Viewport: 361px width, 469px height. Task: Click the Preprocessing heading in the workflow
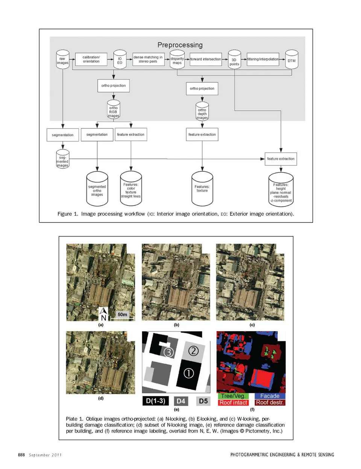point(180,45)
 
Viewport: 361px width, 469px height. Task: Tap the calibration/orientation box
point(91,59)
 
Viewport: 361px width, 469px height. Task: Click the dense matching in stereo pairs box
point(148,59)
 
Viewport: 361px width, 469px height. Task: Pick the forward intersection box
point(205,59)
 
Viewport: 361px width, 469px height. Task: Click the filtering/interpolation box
point(263,59)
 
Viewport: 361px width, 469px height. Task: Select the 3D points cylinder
point(234,61)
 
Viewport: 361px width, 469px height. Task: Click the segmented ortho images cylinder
point(97,190)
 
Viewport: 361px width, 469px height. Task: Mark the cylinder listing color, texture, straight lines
point(131,190)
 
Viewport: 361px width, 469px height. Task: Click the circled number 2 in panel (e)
point(193,351)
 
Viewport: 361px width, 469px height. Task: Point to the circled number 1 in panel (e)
point(188,373)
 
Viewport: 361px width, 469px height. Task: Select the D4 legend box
point(181,401)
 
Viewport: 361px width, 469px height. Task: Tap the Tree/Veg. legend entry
point(233,396)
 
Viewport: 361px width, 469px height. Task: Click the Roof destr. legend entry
point(270,402)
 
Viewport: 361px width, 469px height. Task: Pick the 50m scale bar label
point(123,315)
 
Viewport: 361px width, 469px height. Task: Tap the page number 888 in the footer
point(21,455)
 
